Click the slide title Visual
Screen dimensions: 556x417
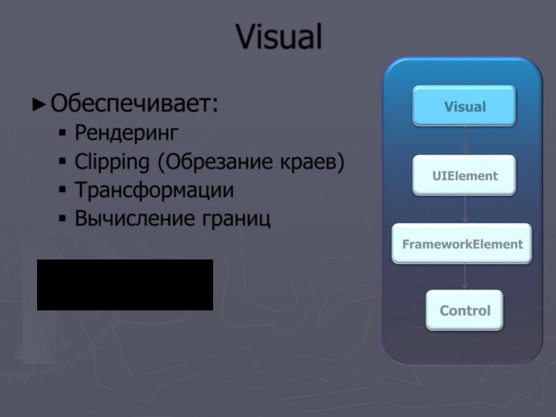[x=279, y=36]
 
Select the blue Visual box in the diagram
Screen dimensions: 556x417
[x=464, y=105]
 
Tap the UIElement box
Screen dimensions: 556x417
[x=464, y=175]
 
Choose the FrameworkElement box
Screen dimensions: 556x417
[x=462, y=243]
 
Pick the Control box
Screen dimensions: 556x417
[x=464, y=310]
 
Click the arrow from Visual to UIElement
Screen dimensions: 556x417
[x=465, y=140]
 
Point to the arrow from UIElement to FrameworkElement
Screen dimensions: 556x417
[x=465, y=209]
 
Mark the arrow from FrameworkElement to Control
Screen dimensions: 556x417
[x=465, y=277]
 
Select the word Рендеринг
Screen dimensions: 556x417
[x=126, y=133]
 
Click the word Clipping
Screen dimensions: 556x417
[x=112, y=162]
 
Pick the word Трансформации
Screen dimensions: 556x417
[x=154, y=191]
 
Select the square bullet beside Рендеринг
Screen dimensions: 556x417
[x=63, y=133]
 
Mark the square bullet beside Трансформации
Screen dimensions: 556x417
[x=63, y=190]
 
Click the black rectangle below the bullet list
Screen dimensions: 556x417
[x=125, y=285]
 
